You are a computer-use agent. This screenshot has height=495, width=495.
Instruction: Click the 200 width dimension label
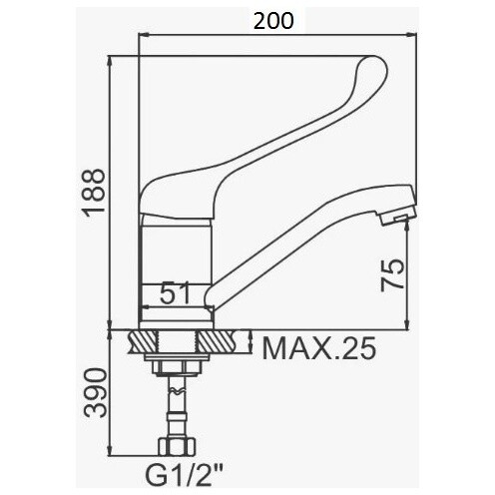pyautogui.click(x=273, y=21)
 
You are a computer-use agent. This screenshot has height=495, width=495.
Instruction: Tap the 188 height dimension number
pyautogui.click(x=94, y=193)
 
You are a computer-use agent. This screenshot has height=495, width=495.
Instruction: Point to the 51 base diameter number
pyautogui.click(x=175, y=292)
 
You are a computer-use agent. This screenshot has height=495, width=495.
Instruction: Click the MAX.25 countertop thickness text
pyautogui.click(x=319, y=348)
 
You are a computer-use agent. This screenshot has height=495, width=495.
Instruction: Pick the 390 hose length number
pyautogui.click(x=96, y=392)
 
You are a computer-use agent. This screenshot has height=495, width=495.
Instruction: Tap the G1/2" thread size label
pyautogui.click(x=185, y=475)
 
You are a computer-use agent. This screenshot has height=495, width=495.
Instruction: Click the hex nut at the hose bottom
pyautogui.click(x=177, y=446)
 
